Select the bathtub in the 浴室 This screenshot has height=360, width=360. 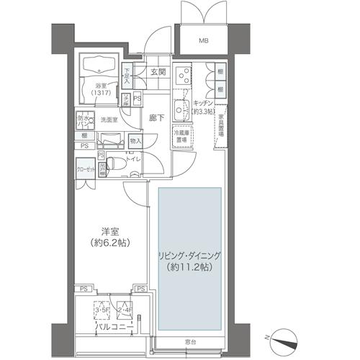[99, 67]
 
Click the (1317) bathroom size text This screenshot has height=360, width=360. [102, 94]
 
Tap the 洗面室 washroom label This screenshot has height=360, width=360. [109, 120]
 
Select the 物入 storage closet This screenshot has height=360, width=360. [135, 141]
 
